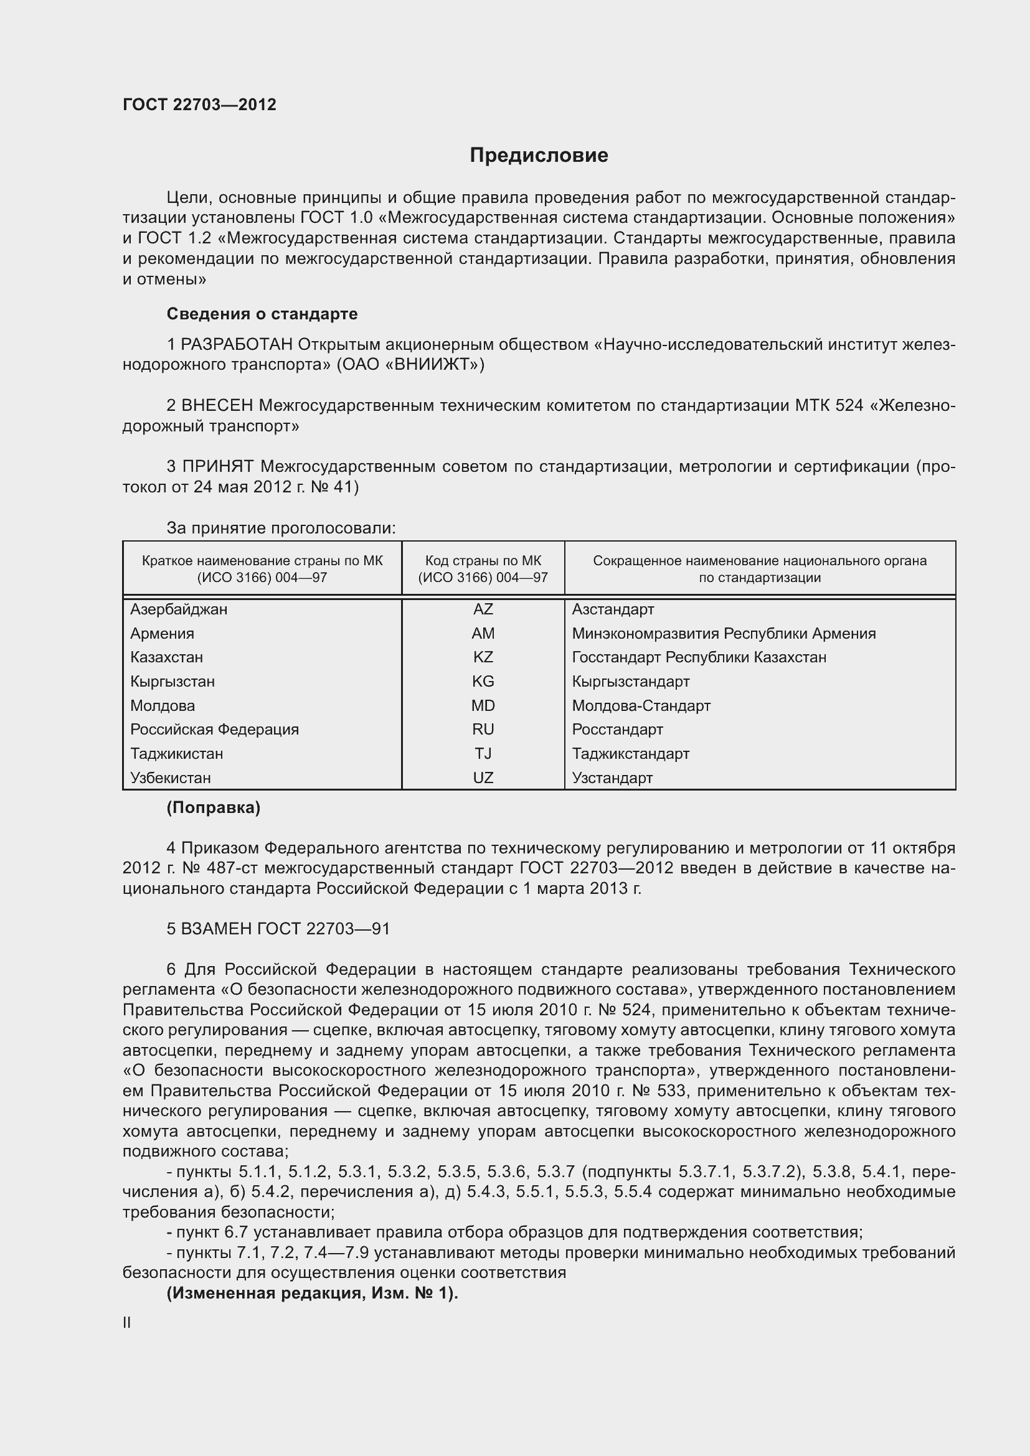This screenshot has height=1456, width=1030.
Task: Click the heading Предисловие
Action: [539, 156]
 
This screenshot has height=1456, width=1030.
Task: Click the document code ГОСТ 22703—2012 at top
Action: [199, 105]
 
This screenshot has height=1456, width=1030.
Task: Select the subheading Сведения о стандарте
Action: [262, 314]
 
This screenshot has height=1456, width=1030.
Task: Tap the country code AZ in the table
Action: [483, 609]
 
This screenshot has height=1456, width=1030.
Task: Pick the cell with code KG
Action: [483, 682]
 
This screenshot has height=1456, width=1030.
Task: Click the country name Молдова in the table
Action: [163, 706]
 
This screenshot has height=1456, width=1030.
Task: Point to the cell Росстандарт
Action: [617, 730]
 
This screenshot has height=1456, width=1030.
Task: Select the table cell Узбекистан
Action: [170, 778]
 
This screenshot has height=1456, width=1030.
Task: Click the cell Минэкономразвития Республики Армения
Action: [723, 634]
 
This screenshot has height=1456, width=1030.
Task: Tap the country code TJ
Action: [483, 754]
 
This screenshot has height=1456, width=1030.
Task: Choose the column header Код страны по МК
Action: [483, 561]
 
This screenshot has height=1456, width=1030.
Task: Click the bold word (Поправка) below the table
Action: [213, 808]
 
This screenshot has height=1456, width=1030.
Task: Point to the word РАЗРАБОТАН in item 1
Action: [237, 344]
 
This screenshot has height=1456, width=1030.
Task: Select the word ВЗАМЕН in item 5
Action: [216, 929]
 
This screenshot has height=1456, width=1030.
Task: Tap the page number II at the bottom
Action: [127, 1323]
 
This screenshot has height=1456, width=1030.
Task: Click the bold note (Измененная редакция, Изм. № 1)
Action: [312, 1294]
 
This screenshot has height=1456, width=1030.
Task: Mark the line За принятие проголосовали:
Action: [281, 528]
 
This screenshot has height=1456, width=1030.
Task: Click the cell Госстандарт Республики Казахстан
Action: [698, 657]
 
